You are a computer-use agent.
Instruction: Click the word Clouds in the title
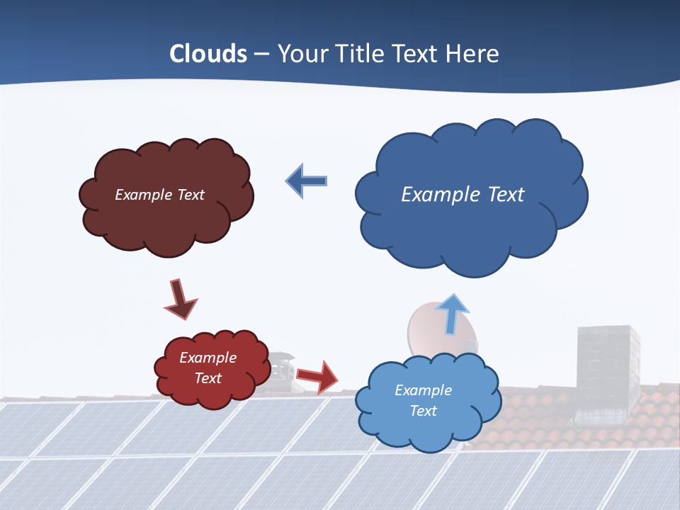point(208,54)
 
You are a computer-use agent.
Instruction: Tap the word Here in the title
point(474,54)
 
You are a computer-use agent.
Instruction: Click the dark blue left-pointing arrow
point(306,181)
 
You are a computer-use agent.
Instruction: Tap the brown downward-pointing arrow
point(180,299)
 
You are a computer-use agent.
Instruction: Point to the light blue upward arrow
point(451,313)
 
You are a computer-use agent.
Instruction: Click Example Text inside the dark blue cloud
point(463,195)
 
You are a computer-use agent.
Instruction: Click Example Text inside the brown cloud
point(159,195)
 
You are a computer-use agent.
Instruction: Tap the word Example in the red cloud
point(208,358)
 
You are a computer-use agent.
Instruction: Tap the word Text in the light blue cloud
point(423,411)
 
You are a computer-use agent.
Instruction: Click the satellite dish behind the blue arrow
point(425,329)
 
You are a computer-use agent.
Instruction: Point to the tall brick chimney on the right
point(607,368)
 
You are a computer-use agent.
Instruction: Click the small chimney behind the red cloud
point(278,368)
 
